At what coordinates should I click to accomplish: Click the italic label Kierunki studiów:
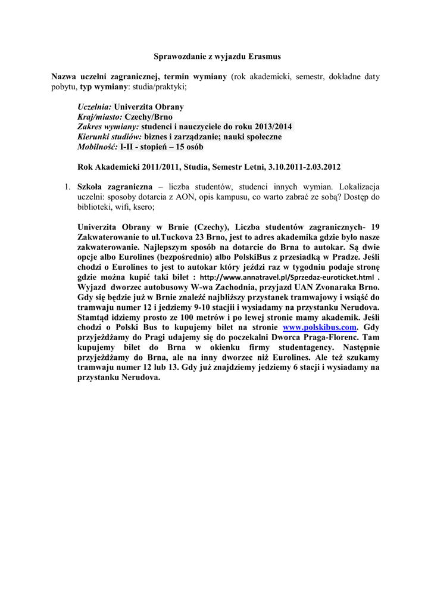point(110,138)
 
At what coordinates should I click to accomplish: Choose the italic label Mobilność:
point(98,147)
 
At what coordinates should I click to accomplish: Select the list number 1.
point(67,187)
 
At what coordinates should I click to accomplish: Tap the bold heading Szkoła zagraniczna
point(116,187)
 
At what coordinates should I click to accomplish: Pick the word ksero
point(141,207)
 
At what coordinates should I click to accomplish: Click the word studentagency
point(286,347)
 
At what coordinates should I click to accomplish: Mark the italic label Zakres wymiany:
point(108,127)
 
